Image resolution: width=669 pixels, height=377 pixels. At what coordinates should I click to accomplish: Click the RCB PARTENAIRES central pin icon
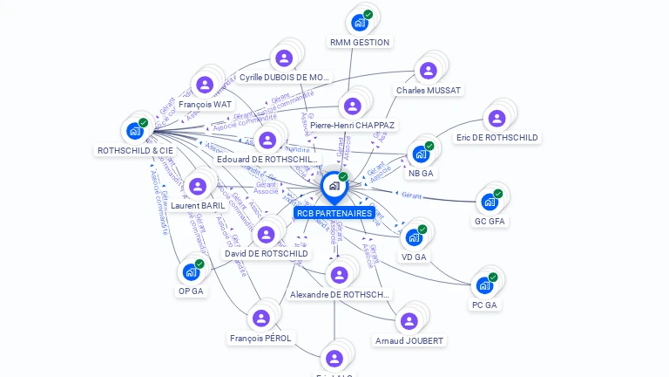(x=334, y=186)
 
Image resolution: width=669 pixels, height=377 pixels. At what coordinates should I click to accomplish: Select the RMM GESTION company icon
(x=359, y=23)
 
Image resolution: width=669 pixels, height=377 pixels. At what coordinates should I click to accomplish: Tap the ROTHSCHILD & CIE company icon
(x=134, y=131)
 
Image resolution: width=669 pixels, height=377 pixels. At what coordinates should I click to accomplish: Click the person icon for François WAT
(x=205, y=85)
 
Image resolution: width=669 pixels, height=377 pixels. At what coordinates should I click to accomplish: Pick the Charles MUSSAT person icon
(x=428, y=71)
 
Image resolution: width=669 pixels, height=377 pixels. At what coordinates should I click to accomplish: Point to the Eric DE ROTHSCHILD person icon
(x=497, y=118)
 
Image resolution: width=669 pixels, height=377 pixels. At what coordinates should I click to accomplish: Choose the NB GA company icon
(x=421, y=154)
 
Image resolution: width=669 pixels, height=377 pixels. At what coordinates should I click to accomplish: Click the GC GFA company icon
(x=490, y=202)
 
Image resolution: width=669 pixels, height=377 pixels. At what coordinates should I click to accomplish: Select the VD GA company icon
(x=414, y=236)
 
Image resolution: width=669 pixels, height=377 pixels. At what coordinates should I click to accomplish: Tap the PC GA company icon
(x=484, y=285)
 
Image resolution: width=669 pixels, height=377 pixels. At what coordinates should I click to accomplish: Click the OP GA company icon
(x=191, y=271)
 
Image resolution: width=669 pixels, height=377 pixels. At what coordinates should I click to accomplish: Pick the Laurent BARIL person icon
(x=198, y=186)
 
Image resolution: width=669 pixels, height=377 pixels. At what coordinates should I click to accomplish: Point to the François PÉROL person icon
(x=260, y=319)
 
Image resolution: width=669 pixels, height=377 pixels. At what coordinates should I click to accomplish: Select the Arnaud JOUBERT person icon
(x=408, y=321)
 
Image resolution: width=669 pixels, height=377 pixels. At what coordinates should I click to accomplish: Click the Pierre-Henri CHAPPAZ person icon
(x=352, y=106)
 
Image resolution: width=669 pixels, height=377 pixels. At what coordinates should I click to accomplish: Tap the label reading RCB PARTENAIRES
(x=334, y=213)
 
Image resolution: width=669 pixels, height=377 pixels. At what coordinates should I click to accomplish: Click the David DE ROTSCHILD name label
(x=267, y=254)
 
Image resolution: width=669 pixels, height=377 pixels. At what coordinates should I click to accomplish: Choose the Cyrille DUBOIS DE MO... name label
(x=286, y=78)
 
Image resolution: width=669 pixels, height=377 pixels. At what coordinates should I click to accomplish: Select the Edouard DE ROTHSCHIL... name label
(x=267, y=160)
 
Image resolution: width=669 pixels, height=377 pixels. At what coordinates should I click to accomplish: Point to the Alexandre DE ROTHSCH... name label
(x=340, y=295)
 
